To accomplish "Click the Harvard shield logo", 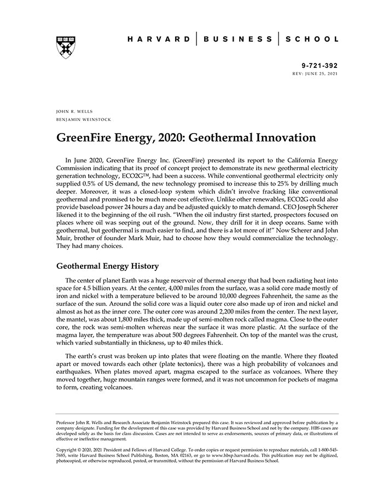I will [x=66, y=47].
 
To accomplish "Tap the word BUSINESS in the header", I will [x=237, y=39].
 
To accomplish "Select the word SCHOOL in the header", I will [x=312, y=39].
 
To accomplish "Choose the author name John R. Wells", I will [x=75, y=111].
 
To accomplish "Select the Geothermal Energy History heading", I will [x=108, y=266].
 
